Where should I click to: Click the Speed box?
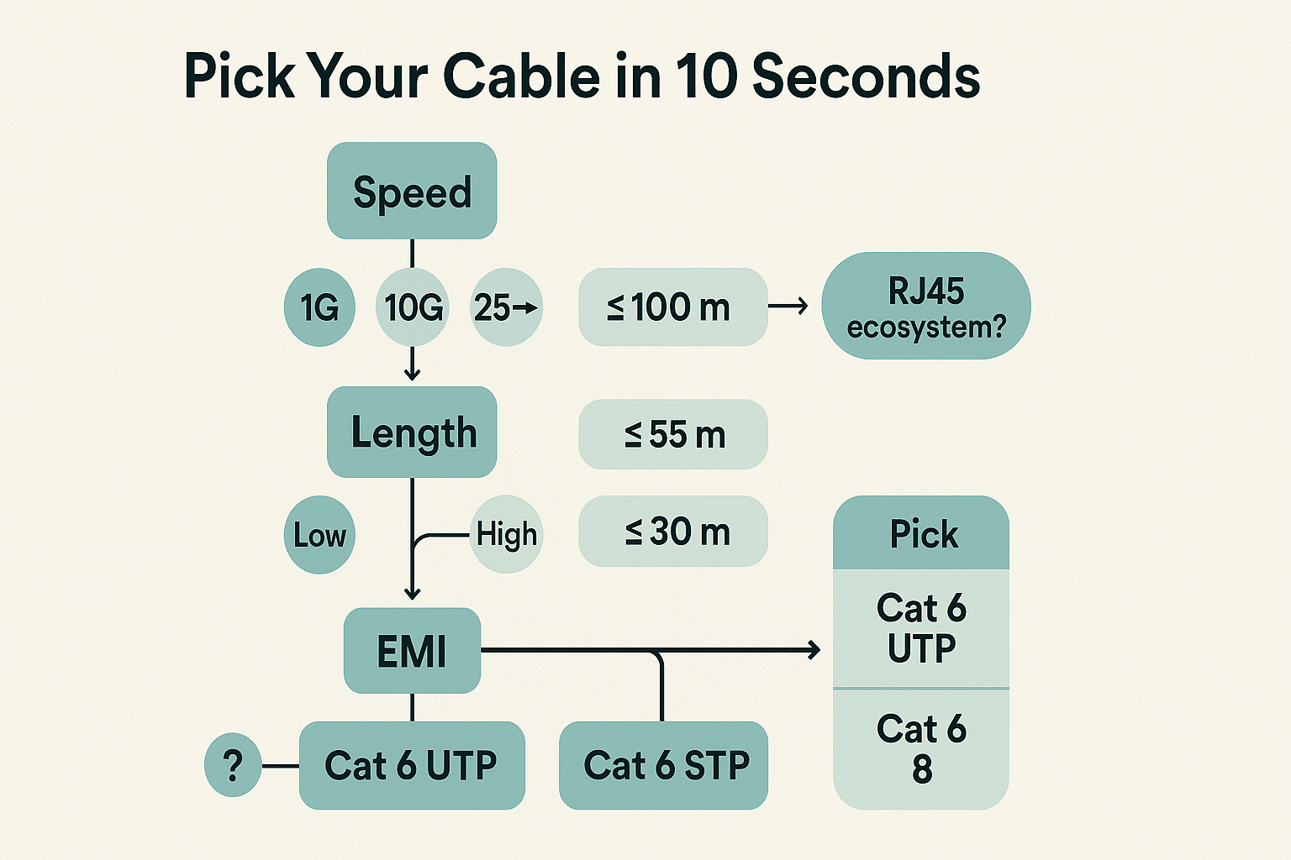click(412, 191)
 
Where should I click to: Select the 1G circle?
click(319, 307)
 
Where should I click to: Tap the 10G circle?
click(413, 307)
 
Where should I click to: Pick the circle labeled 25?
click(506, 307)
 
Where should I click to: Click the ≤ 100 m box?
click(672, 307)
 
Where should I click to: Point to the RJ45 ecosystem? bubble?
click(925, 307)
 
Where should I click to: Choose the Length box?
click(412, 433)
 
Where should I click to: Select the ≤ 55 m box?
click(672, 434)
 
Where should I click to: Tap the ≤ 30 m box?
click(672, 532)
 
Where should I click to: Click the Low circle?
click(319, 535)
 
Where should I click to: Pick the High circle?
click(506, 534)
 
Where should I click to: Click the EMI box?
click(412, 652)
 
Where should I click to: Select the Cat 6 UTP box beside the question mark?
click(412, 765)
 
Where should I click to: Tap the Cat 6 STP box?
click(664, 765)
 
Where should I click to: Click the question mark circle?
click(233, 765)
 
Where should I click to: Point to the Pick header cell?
click(921, 533)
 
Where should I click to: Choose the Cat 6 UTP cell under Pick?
click(921, 628)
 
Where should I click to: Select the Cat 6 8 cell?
click(921, 748)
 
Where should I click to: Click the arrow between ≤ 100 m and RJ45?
click(788, 307)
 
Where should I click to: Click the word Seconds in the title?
click(866, 76)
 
